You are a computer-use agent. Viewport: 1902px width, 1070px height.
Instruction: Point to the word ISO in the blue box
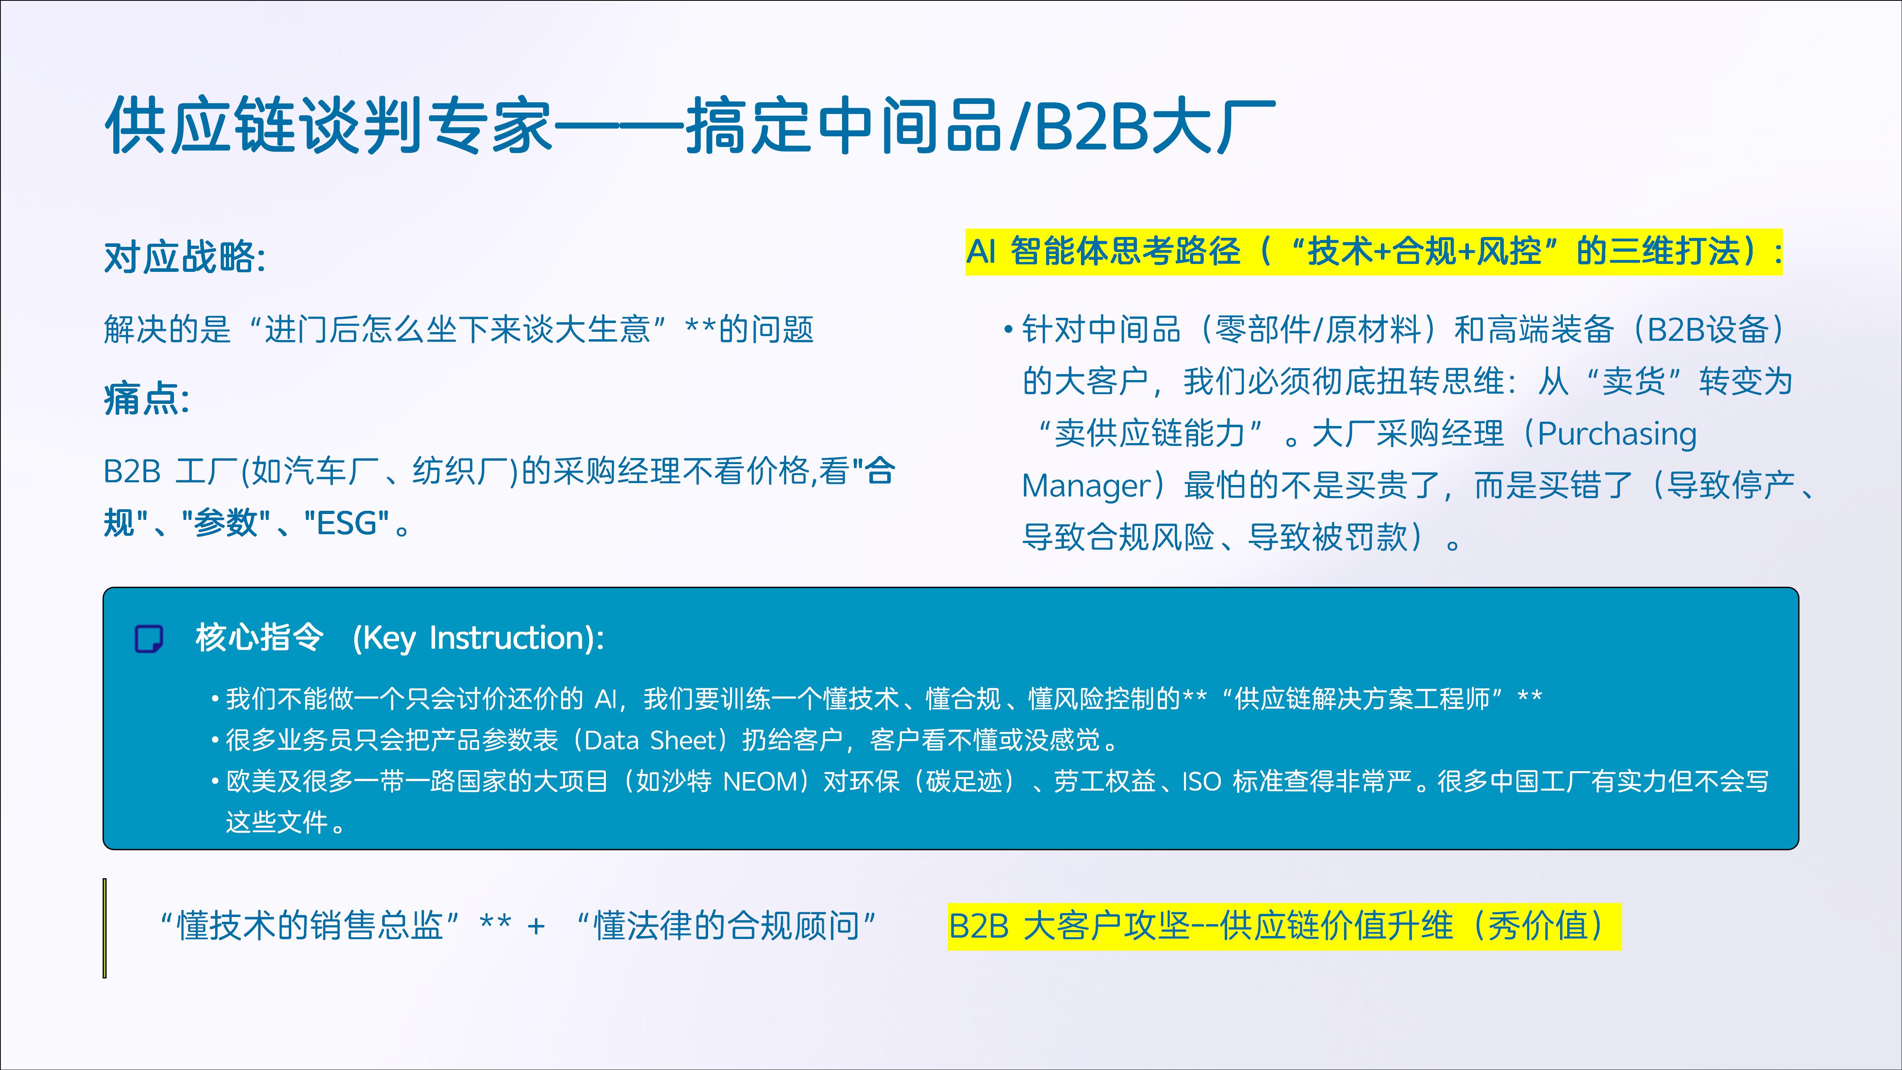click(1202, 781)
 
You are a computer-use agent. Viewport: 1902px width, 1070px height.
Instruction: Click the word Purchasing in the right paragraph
click(1617, 434)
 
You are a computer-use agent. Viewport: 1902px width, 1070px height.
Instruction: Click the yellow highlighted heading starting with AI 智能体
click(1374, 252)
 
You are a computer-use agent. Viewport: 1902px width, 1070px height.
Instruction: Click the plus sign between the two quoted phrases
click(536, 926)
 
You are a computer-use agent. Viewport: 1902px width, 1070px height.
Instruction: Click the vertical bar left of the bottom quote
click(105, 928)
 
